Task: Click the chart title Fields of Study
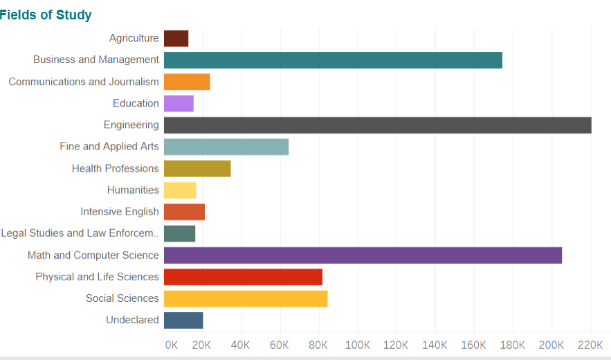pos(46,15)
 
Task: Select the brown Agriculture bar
pos(176,39)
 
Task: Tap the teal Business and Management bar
pos(333,60)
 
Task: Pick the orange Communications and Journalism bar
pos(187,82)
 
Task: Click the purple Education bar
pos(179,104)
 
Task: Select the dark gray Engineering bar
pos(377,125)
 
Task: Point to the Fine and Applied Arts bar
pos(226,147)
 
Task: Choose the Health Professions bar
pos(197,168)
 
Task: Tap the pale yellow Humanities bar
pos(180,190)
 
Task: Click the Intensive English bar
pos(184,212)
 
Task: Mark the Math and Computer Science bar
pos(363,255)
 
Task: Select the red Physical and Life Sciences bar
pos(243,277)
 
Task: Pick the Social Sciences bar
pos(246,298)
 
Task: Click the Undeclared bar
pos(183,320)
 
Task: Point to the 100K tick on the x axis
pos(358,345)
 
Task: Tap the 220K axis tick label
pos(590,345)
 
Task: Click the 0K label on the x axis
pos(171,345)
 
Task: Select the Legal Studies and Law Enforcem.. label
pos(80,233)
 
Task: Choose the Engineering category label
pos(131,125)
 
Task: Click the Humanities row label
pos(133,190)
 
